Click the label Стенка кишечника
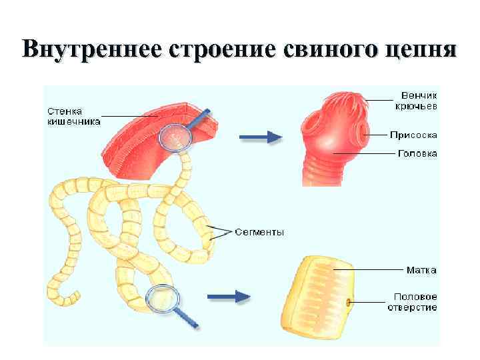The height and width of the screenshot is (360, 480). tap(74, 117)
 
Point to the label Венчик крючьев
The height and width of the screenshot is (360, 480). tap(419, 101)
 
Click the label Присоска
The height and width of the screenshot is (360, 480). tap(413, 134)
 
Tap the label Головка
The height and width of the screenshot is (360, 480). tap(417, 153)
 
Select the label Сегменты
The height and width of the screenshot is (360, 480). tap(259, 232)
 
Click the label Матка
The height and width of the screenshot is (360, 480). tap(422, 270)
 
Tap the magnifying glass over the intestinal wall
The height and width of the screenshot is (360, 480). tap(175, 137)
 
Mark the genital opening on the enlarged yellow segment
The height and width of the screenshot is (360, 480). tap(347, 302)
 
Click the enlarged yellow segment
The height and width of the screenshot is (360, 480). tap(321, 293)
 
